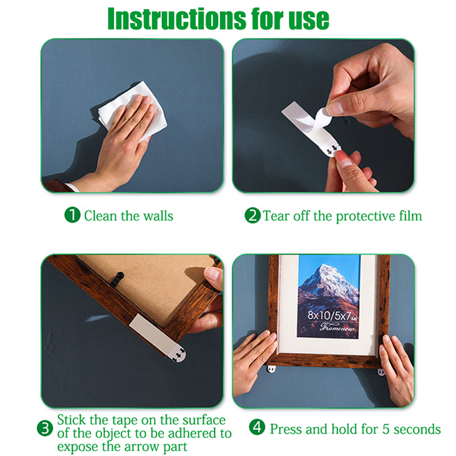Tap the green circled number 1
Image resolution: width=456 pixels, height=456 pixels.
pos(72,215)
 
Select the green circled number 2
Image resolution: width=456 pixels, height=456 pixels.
pos(253,215)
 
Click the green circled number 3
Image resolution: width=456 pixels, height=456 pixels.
pos(45,429)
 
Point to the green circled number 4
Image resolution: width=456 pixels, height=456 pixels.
pos(257,427)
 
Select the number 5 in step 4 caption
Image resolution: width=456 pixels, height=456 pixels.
pos(386,429)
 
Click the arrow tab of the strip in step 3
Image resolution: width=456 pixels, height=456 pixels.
pos(178,353)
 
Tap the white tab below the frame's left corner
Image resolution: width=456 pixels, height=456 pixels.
pos(272,369)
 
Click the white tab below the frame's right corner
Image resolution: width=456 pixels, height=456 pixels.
pos(381,372)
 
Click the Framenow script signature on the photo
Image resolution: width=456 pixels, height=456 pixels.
pos(337,327)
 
